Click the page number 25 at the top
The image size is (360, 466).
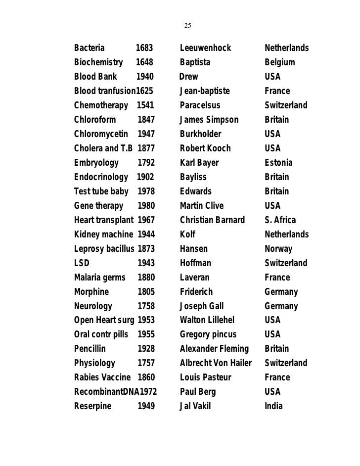click(187, 25)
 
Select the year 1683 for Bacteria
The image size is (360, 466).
click(144, 48)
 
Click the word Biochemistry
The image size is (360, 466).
click(98, 63)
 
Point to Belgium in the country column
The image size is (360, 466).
click(280, 63)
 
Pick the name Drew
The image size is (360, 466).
click(188, 77)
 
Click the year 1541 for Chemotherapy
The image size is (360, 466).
click(145, 106)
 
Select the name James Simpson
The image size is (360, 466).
click(209, 120)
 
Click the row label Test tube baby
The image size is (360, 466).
click(101, 191)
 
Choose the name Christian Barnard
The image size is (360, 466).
click(212, 220)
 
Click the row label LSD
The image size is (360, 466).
click(82, 263)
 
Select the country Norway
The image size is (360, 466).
click(278, 249)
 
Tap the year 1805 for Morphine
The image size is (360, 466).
click(146, 292)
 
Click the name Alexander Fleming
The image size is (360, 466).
click(214, 349)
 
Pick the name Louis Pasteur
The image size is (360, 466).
click(206, 377)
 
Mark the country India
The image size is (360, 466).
click(274, 406)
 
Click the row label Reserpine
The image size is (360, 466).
click(92, 406)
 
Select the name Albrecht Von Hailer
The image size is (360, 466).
click(216, 363)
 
